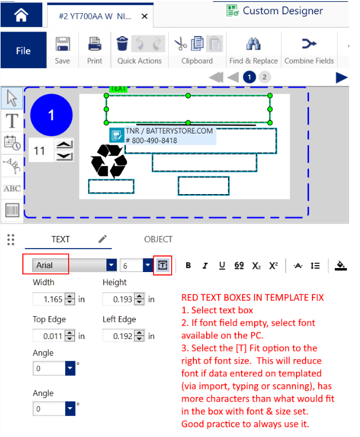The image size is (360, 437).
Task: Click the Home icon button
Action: pos(21,15)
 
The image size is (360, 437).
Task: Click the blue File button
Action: pos(23,50)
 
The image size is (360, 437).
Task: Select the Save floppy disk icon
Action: pos(62,44)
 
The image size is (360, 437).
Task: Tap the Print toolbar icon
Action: pos(94,44)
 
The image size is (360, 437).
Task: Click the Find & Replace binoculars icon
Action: pos(253,44)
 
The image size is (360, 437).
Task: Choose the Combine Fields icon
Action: pos(309,44)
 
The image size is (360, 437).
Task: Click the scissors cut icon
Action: pos(180,44)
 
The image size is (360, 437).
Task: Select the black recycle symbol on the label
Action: pos(109,160)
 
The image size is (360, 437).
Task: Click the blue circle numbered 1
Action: pos(51,115)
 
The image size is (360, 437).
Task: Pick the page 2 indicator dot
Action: pos(264,77)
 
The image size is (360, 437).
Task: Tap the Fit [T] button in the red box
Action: pos(163,265)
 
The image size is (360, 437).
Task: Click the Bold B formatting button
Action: pos(188,265)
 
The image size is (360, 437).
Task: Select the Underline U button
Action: pos(221,265)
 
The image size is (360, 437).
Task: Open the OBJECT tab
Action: pos(158,239)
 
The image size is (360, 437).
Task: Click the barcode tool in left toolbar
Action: pos(12,210)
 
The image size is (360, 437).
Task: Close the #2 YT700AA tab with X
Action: pos(144,17)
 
